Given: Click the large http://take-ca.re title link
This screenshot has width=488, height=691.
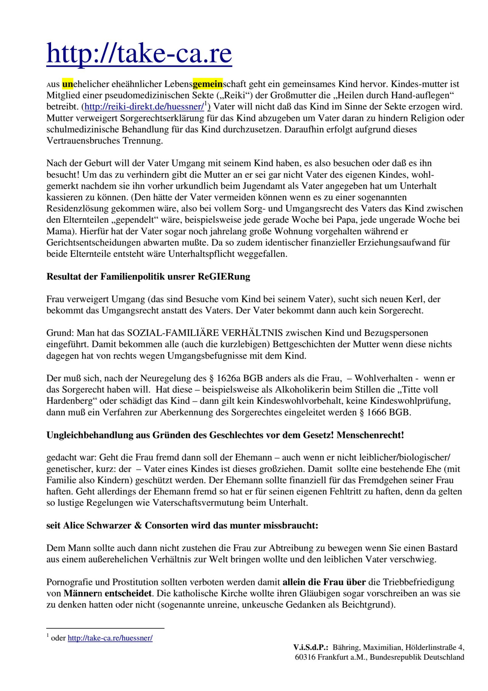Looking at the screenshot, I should (x=139, y=53).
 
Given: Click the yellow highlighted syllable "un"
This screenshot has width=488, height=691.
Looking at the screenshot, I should (x=67, y=84).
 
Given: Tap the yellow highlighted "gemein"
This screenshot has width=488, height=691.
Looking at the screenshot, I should (x=208, y=84).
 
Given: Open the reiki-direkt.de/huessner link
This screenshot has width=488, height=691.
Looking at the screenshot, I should (x=144, y=106).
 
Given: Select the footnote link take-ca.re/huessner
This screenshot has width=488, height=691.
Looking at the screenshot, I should (x=110, y=638).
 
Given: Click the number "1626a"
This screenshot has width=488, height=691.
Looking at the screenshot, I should (x=228, y=379).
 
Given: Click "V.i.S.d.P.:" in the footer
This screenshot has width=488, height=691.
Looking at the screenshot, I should (x=311, y=647).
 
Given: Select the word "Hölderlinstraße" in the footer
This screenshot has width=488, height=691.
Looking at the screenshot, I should (x=431, y=647).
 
